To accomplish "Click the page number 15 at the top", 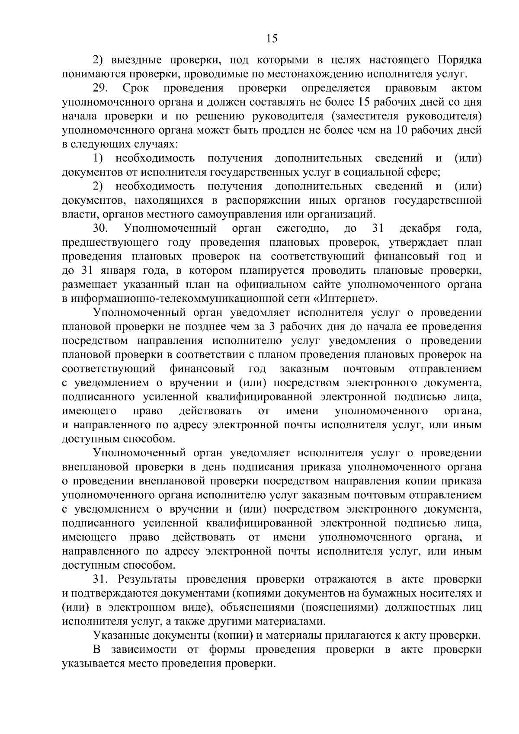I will [x=272, y=39].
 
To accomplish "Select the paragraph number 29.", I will [x=100, y=88].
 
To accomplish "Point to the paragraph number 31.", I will [x=101, y=579].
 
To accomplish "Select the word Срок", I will [x=136, y=88].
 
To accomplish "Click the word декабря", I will [x=420, y=228].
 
